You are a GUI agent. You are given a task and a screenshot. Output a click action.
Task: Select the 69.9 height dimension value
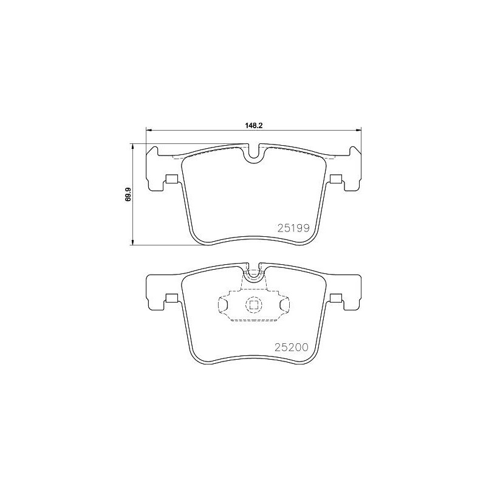(x=128, y=194)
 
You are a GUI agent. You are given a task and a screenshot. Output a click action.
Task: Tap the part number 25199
(x=294, y=229)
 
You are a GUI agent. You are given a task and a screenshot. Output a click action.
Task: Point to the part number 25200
(x=293, y=347)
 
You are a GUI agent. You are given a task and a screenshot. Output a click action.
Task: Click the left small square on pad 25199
(x=171, y=179)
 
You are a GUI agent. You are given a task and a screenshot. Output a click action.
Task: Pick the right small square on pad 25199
(x=337, y=179)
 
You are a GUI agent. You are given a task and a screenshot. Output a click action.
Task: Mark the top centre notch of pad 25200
(x=254, y=270)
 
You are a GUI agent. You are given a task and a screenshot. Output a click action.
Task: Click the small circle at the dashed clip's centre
(x=253, y=306)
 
